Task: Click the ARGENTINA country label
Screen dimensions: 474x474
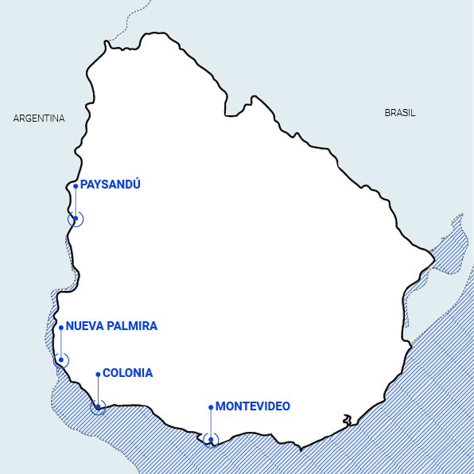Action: coord(39,118)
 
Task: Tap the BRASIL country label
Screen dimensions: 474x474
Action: coord(400,113)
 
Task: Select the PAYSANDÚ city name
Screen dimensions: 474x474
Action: coord(111,185)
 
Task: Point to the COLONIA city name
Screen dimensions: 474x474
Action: coord(128,373)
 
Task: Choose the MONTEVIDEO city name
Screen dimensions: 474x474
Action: coord(253,406)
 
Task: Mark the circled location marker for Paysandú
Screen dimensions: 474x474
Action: coord(76,219)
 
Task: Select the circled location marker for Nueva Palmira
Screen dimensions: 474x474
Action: coord(61,359)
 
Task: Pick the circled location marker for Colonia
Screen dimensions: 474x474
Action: coord(98,407)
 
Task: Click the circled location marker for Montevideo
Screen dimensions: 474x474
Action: coord(211,439)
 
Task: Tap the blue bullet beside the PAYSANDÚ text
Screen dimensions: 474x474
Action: coord(76,186)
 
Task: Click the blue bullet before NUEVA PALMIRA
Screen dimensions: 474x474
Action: coord(61,327)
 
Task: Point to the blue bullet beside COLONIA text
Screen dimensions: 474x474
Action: coord(98,374)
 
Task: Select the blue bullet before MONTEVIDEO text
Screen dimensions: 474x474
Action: coord(211,407)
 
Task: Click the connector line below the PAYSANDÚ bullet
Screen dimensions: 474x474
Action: coord(76,202)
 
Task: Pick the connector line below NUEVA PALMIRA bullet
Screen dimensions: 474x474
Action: coord(61,343)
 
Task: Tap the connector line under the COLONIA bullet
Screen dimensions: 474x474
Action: coord(98,390)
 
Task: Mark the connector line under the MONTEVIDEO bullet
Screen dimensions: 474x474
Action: coord(211,423)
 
